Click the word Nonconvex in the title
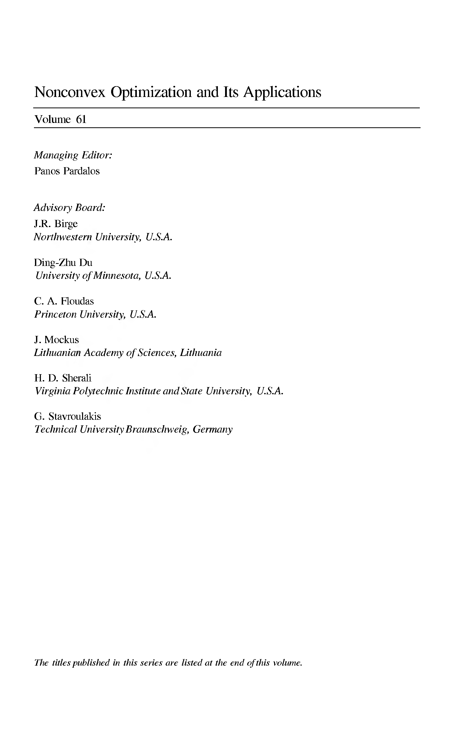point(70,92)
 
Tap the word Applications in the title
point(282,92)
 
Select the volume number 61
point(81,119)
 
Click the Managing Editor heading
point(73,155)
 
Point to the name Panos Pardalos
point(67,171)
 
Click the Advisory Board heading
point(69,208)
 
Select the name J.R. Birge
point(56,224)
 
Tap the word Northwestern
point(63,237)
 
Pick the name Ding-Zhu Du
point(63,262)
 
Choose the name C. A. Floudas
point(64,301)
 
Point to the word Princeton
point(55,314)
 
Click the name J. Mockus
point(57,340)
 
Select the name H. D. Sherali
point(63,378)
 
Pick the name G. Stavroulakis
point(68,416)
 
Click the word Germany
point(212,430)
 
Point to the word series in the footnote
point(151,663)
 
